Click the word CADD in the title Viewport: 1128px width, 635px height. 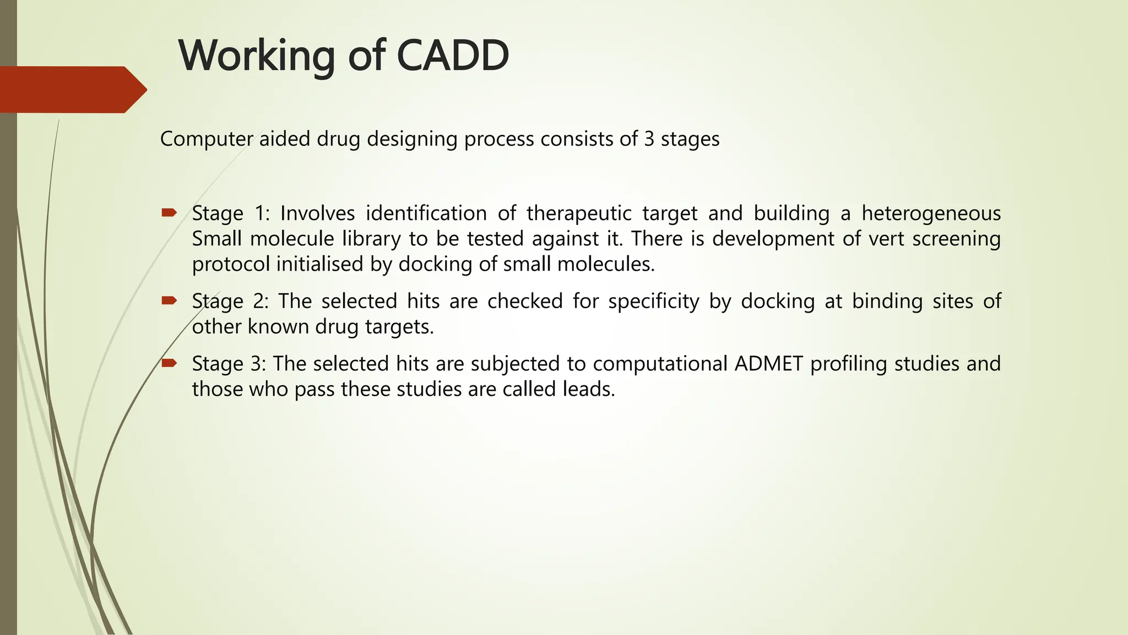[x=452, y=56]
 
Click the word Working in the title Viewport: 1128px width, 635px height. [x=256, y=56]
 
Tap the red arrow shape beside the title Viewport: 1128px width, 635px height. [x=72, y=90]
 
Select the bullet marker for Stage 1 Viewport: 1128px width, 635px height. [x=169, y=213]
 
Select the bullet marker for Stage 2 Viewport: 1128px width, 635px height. [x=169, y=300]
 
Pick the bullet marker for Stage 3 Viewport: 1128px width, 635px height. [x=169, y=363]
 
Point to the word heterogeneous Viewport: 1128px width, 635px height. [x=931, y=213]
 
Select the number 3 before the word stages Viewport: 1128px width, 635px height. [x=649, y=139]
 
